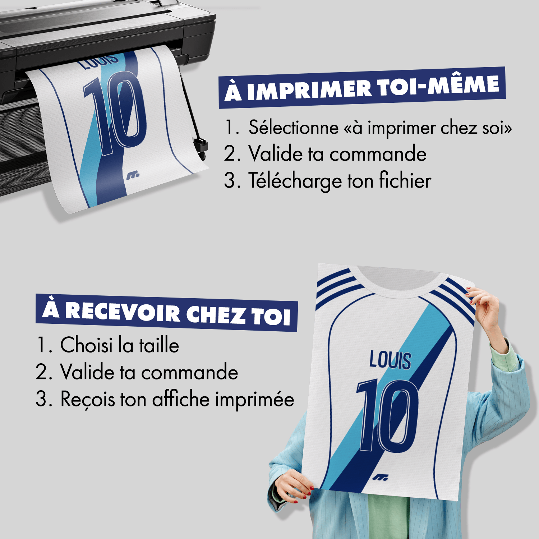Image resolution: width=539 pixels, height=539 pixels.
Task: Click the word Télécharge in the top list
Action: [295, 180]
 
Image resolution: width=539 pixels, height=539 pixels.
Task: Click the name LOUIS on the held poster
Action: [390, 360]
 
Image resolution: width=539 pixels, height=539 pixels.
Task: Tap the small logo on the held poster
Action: [380, 478]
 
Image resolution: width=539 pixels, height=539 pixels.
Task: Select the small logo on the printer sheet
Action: [133, 176]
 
